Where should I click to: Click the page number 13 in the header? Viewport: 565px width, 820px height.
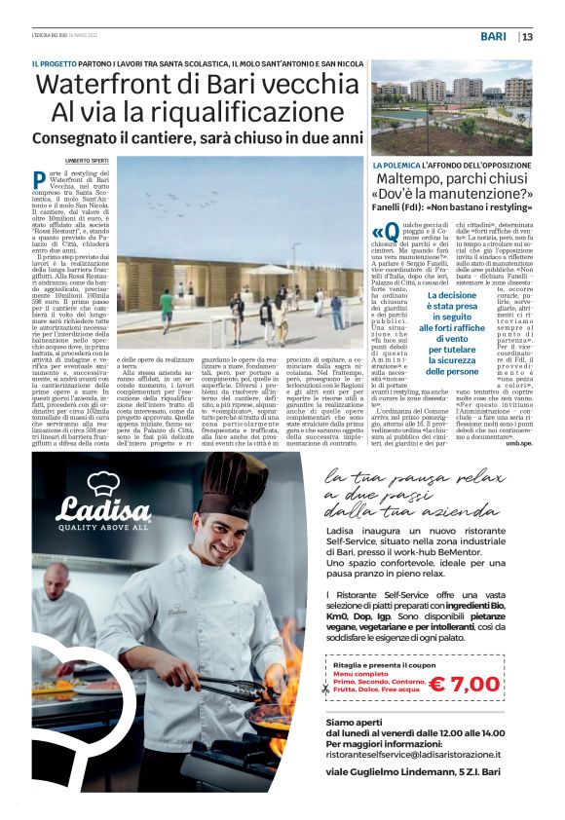point(527,37)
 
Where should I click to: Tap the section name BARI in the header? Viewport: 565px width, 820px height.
point(496,37)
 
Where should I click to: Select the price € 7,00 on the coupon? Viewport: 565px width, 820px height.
point(464,684)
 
